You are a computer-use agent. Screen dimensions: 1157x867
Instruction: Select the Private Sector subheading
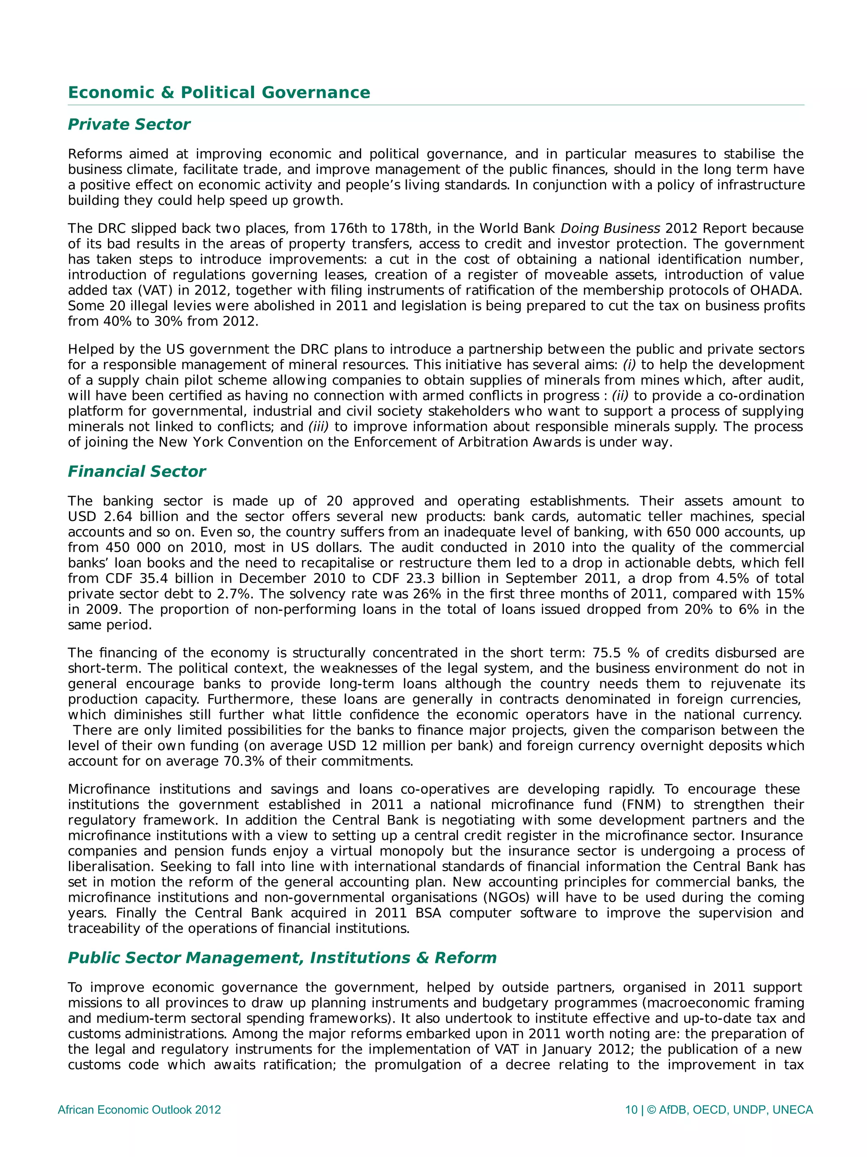point(129,124)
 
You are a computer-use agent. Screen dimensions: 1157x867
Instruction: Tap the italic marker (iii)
point(318,427)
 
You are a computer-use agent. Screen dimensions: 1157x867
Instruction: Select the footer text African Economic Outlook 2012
point(139,1110)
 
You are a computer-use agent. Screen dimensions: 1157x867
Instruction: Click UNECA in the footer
point(792,1110)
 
